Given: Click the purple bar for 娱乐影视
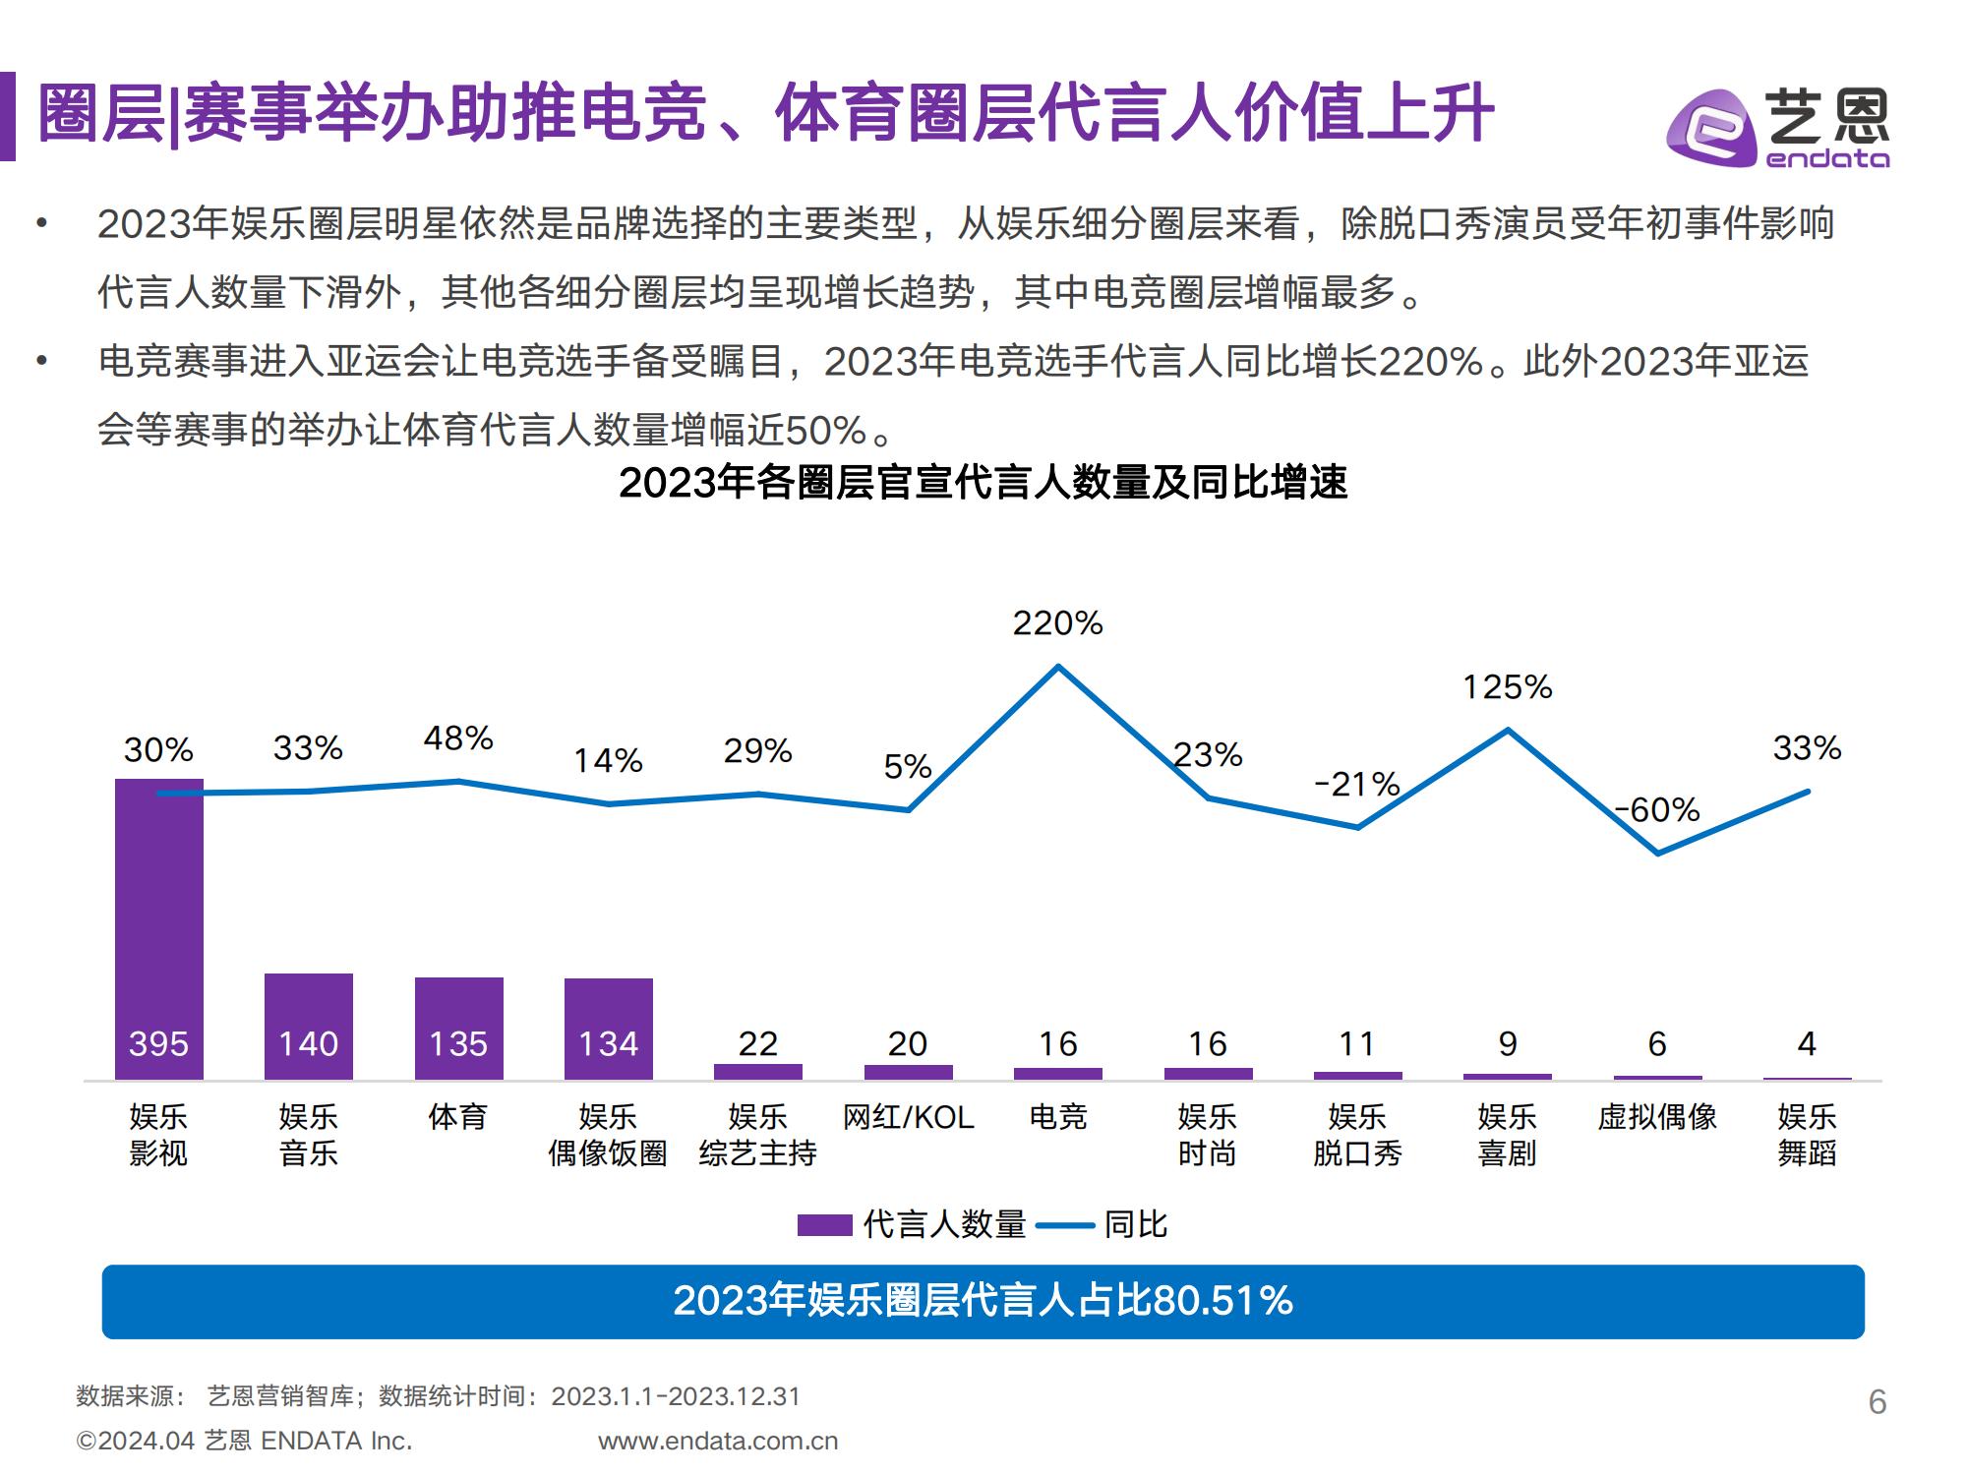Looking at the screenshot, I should tap(158, 929).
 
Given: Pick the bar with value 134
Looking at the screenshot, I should tap(608, 1029).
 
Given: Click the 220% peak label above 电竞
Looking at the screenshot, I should tap(1057, 623).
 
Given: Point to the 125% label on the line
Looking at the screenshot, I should tap(1507, 687).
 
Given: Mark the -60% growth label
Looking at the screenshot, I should tap(1658, 810).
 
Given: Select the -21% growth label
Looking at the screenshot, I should tap(1357, 785).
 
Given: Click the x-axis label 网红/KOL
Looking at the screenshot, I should tap(908, 1117).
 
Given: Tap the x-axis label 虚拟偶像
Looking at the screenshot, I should tap(1657, 1117).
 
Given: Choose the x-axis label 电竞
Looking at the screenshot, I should tap(1057, 1117).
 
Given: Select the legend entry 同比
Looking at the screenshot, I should tap(1103, 1224).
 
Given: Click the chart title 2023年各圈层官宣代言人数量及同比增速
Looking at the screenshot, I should tap(983, 483).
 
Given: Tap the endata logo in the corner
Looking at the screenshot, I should tap(1777, 129).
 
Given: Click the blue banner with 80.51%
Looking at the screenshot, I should tap(983, 1301).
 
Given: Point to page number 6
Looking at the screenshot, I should tap(1877, 1402).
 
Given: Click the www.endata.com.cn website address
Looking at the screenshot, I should tap(718, 1442).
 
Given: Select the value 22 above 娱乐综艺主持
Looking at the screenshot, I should tap(757, 1043).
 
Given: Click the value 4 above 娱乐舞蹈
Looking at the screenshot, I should tap(1807, 1043).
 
